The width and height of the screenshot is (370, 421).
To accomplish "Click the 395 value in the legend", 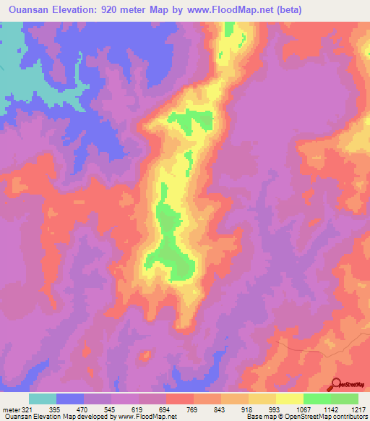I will [x=57, y=409].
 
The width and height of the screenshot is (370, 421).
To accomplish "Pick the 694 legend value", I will [x=165, y=409].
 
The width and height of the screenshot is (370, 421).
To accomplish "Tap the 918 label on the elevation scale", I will [x=248, y=409].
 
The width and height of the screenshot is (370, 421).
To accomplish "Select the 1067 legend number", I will [x=302, y=409].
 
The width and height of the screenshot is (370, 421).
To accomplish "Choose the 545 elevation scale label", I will [x=111, y=409].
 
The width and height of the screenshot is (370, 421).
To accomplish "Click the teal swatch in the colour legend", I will [x=43, y=399].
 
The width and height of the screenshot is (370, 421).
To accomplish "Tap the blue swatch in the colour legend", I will [x=70, y=399].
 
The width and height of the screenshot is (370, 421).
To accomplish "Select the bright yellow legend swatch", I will [x=289, y=399].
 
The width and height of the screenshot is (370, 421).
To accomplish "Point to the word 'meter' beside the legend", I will [x=11, y=409].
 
